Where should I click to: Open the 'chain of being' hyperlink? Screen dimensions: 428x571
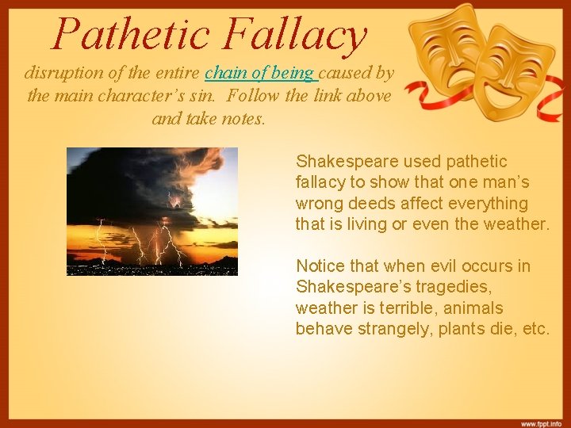pos(259,74)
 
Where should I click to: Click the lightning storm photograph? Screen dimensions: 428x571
pos(151,211)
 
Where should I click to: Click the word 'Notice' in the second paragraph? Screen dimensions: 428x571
pos(320,266)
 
